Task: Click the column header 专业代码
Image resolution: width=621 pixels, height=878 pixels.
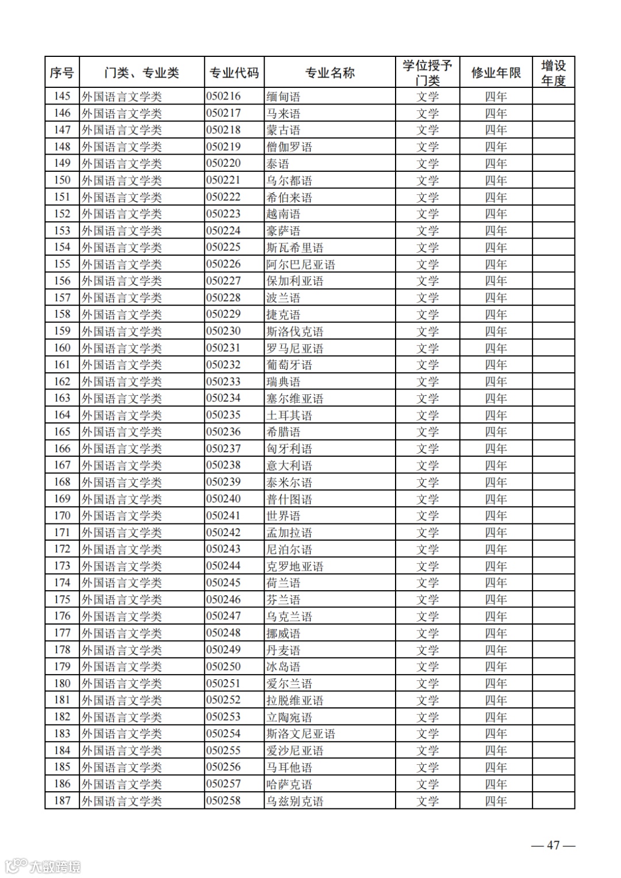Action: click(x=234, y=73)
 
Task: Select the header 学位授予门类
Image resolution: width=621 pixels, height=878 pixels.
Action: click(x=427, y=73)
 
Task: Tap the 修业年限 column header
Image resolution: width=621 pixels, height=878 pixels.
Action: click(x=496, y=73)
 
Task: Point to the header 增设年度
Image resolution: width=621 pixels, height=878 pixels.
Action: click(x=553, y=73)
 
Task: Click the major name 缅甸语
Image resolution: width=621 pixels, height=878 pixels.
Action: click(x=283, y=97)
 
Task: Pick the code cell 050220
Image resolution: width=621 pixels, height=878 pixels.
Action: click(x=224, y=163)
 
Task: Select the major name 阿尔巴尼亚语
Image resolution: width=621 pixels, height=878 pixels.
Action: click(x=300, y=264)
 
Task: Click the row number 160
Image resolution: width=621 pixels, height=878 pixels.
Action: click(x=62, y=348)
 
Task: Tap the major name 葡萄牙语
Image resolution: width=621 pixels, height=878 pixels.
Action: click(x=289, y=365)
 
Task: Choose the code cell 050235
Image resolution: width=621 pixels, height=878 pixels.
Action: click(x=224, y=415)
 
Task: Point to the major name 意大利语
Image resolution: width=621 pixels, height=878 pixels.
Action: click(x=289, y=465)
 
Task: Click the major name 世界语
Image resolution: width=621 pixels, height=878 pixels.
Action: click(x=283, y=516)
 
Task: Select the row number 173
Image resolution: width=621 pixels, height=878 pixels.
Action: click(x=62, y=566)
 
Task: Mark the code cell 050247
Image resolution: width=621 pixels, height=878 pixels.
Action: click(x=224, y=616)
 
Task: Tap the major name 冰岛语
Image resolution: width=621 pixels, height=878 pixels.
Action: click(x=283, y=667)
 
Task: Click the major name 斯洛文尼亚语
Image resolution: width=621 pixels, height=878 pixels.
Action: click(x=300, y=734)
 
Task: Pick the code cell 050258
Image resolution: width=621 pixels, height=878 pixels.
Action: click(x=224, y=800)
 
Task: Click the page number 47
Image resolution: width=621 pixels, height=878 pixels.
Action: click(x=553, y=845)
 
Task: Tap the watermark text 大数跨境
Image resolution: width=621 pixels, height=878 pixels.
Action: click(x=55, y=866)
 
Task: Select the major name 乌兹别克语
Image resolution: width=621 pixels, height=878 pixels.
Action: click(x=294, y=801)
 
